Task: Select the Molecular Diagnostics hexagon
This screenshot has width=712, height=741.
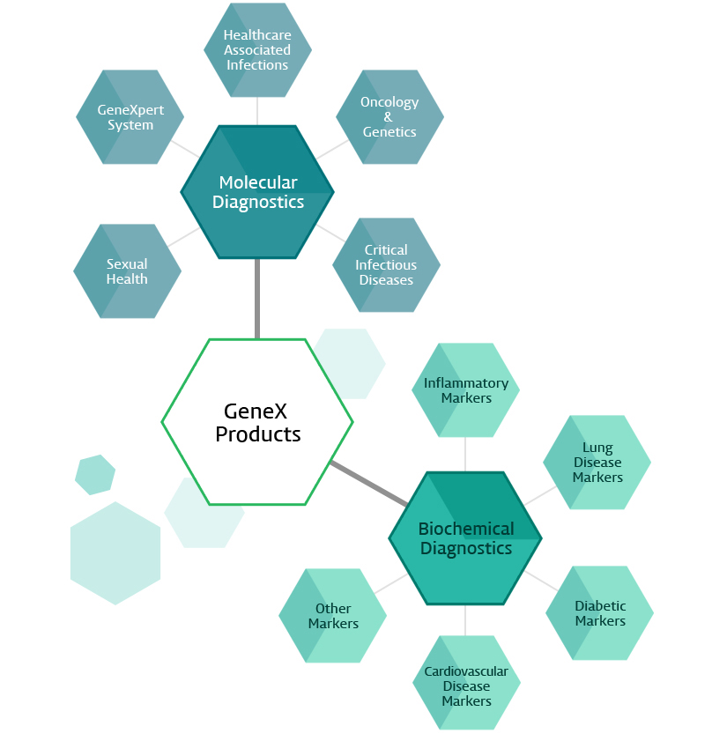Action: coord(257,192)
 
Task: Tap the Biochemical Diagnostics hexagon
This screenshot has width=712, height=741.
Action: coord(465,538)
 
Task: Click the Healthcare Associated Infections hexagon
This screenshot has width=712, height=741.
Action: coord(257,50)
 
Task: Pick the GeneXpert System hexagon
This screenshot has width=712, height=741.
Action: coord(130,117)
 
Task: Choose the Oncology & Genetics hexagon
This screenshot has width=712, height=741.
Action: coord(389,117)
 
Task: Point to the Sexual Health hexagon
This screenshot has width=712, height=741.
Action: coord(128,271)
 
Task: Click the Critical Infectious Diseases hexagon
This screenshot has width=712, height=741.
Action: coord(386,265)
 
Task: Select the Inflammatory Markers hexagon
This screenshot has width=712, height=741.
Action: coord(465,390)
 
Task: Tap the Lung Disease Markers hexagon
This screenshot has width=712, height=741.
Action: coord(597,463)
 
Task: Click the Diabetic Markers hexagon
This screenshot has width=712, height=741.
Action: coord(600,613)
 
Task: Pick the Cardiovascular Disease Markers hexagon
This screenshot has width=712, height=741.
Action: coord(466,685)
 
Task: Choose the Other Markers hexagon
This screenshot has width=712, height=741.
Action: coord(333,616)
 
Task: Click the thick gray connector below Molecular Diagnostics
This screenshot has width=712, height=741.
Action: coord(257,299)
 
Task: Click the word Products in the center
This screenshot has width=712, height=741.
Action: coord(258,434)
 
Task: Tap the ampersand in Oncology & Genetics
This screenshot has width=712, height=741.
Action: coord(389,117)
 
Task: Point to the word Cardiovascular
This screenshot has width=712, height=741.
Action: coord(466,671)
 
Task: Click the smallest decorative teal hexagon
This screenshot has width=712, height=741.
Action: coord(95,475)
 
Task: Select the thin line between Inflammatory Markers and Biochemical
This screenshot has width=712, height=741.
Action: coord(465,455)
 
